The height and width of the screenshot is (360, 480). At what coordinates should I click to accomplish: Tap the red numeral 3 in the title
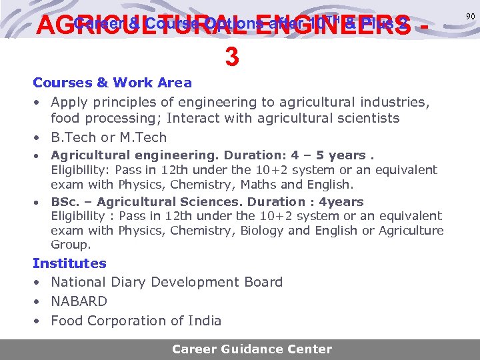pos(232,57)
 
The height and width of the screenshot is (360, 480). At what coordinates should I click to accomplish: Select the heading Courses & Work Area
pos(112,83)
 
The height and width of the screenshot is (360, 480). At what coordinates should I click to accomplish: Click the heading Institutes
pos(69,263)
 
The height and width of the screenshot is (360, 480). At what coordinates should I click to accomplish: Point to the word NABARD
pos(79,301)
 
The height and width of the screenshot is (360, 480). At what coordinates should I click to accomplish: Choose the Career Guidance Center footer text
pos(251,349)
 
